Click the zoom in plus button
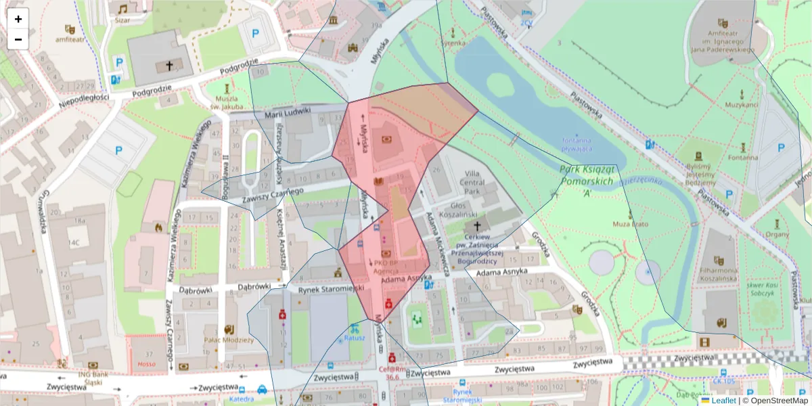click(18, 19)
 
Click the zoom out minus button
click(18, 39)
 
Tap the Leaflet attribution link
click(723, 401)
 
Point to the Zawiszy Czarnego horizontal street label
click(273, 195)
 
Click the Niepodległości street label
click(84, 98)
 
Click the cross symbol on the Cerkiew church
click(477, 225)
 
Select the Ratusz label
click(355, 338)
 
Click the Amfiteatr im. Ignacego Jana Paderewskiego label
click(722, 41)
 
